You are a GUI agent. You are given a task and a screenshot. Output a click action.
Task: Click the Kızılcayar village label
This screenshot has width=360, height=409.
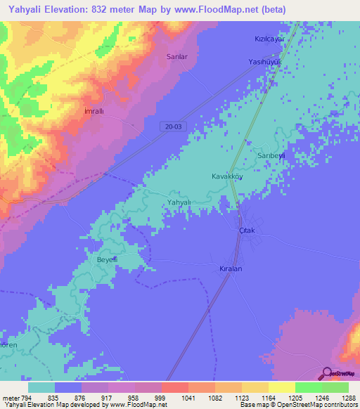tap(269, 40)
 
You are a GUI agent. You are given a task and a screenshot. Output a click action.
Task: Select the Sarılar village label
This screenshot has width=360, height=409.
tap(176, 56)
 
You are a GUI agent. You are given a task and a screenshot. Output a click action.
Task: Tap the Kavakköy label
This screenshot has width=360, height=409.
tap(227, 176)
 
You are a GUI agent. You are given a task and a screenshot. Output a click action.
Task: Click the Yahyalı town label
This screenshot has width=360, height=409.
tap(179, 202)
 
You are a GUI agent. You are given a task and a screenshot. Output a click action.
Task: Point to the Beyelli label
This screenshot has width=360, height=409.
tap(106, 259)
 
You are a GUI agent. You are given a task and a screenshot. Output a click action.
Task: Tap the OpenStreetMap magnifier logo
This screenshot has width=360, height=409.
tap(327, 373)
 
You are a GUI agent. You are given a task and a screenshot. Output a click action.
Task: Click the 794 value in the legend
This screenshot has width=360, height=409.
tap(25, 397)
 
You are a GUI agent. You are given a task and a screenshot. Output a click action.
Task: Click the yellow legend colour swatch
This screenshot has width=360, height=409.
tap(281, 387)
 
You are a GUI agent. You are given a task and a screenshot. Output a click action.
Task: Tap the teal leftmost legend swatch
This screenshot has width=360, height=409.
tap(41, 387)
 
